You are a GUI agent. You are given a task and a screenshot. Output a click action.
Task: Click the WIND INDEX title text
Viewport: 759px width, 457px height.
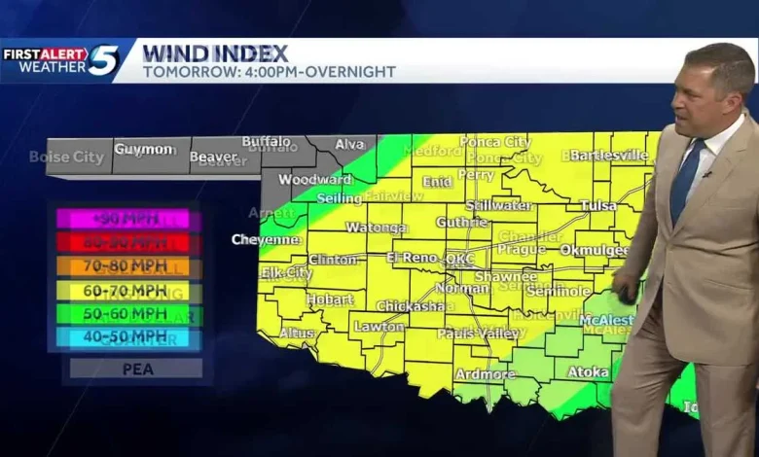tap(215, 53)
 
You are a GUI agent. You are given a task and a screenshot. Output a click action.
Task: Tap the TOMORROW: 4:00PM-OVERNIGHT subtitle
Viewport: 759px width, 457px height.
tap(269, 72)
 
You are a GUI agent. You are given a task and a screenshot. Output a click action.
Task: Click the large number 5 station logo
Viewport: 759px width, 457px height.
tap(103, 60)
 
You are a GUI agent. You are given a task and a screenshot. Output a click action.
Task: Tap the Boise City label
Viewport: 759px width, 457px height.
tap(66, 157)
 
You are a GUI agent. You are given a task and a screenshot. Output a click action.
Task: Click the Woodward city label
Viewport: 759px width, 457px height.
tap(315, 179)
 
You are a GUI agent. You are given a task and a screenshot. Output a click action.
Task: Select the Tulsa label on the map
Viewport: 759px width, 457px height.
tap(598, 205)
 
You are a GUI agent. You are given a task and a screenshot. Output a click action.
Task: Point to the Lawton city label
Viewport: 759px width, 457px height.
tap(379, 327)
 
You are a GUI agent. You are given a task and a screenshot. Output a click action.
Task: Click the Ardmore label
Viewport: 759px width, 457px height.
tap(485, 373)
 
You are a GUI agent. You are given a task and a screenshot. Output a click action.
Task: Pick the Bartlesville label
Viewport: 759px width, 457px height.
tap(608, 155)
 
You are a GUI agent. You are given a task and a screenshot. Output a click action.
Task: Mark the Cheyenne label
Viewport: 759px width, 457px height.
tap(266, 239)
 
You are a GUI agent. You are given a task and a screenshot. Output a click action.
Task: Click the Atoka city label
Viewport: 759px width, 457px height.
tap(588, 370)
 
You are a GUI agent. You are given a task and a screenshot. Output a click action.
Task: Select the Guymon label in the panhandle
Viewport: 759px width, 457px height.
tap(143, 149)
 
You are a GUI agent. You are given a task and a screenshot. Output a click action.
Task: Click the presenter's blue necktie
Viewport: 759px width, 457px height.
tap(686, 180)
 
